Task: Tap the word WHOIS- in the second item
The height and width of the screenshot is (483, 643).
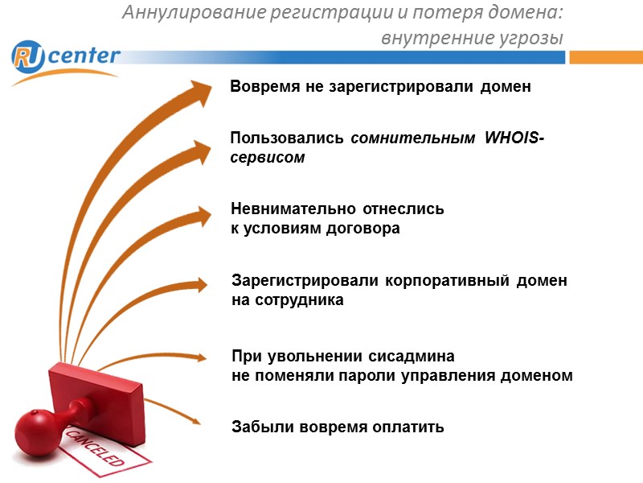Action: tap(514, 139)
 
